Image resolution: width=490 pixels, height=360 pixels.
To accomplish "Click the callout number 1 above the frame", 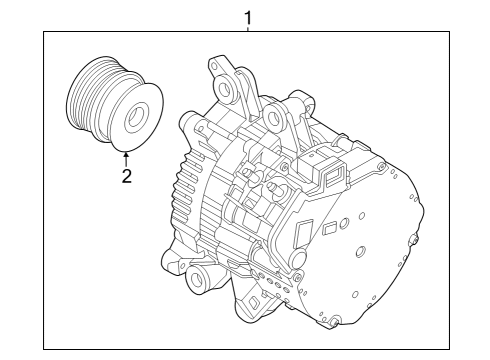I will point(248,16).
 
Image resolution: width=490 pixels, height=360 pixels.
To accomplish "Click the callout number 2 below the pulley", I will point(127,177).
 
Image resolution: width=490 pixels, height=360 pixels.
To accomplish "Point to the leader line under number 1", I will point(248,28).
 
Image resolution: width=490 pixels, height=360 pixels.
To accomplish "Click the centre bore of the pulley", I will point(132,114).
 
